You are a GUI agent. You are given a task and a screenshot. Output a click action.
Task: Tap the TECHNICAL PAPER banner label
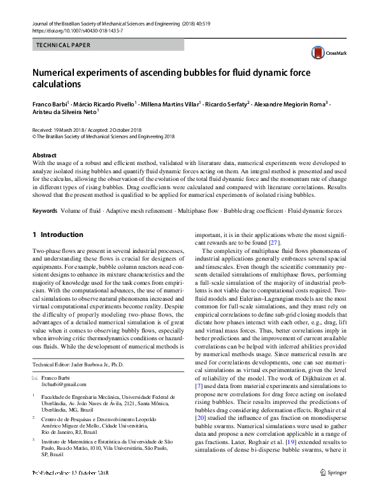coord(64,45)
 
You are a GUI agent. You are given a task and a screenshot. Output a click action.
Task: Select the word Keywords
coord(45,210)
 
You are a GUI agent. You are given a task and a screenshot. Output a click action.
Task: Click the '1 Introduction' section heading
coord(57,234)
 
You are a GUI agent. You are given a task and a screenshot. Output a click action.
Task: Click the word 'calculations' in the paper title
coord(57,84)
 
